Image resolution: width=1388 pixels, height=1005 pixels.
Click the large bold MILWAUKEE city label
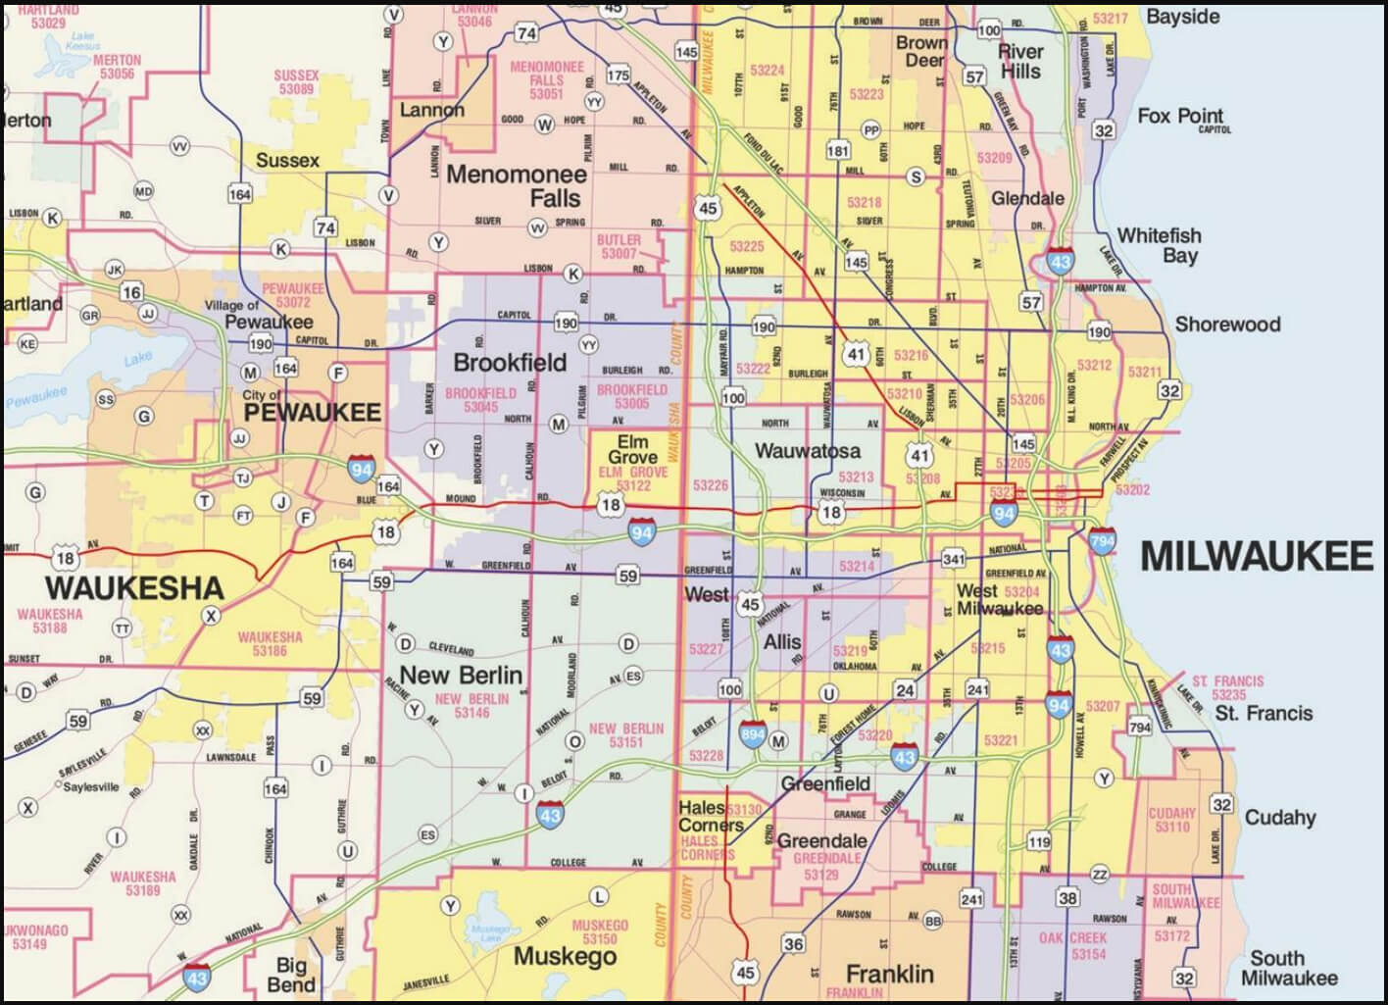tap(1256, 556)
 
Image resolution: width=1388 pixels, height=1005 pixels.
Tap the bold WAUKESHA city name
tap(134, 588)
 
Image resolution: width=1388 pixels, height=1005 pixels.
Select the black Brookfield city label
tap(510, 363)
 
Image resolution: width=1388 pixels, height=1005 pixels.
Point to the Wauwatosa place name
tap(808, 451)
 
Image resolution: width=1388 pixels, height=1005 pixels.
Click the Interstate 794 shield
tap(1102, 540)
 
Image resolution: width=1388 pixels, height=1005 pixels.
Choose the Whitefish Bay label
tap(1160, 245)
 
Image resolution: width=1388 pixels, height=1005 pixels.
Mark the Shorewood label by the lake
tap(1227, 325)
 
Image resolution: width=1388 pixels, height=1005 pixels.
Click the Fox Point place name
tap(1180, 116)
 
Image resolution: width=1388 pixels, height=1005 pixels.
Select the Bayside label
tap(1182, 17)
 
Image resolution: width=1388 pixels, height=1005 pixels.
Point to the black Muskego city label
tap(565, 956)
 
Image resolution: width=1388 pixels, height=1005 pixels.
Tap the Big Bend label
tap(291, 975)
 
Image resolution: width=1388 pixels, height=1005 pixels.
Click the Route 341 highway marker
tap(953, 560)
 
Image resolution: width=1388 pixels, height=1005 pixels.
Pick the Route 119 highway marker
tap(1039, 842)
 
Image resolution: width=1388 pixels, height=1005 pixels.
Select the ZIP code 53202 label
tap(1132, 489)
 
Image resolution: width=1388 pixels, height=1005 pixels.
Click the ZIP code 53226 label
tap(711, 485)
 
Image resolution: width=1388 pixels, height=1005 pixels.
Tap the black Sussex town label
tap(287, 160)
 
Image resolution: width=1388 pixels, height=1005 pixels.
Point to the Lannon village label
tap(431, 110)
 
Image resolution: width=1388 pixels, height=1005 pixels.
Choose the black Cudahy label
tap(1280, 817)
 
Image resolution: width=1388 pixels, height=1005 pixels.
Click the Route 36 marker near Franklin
tap(793, 944)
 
